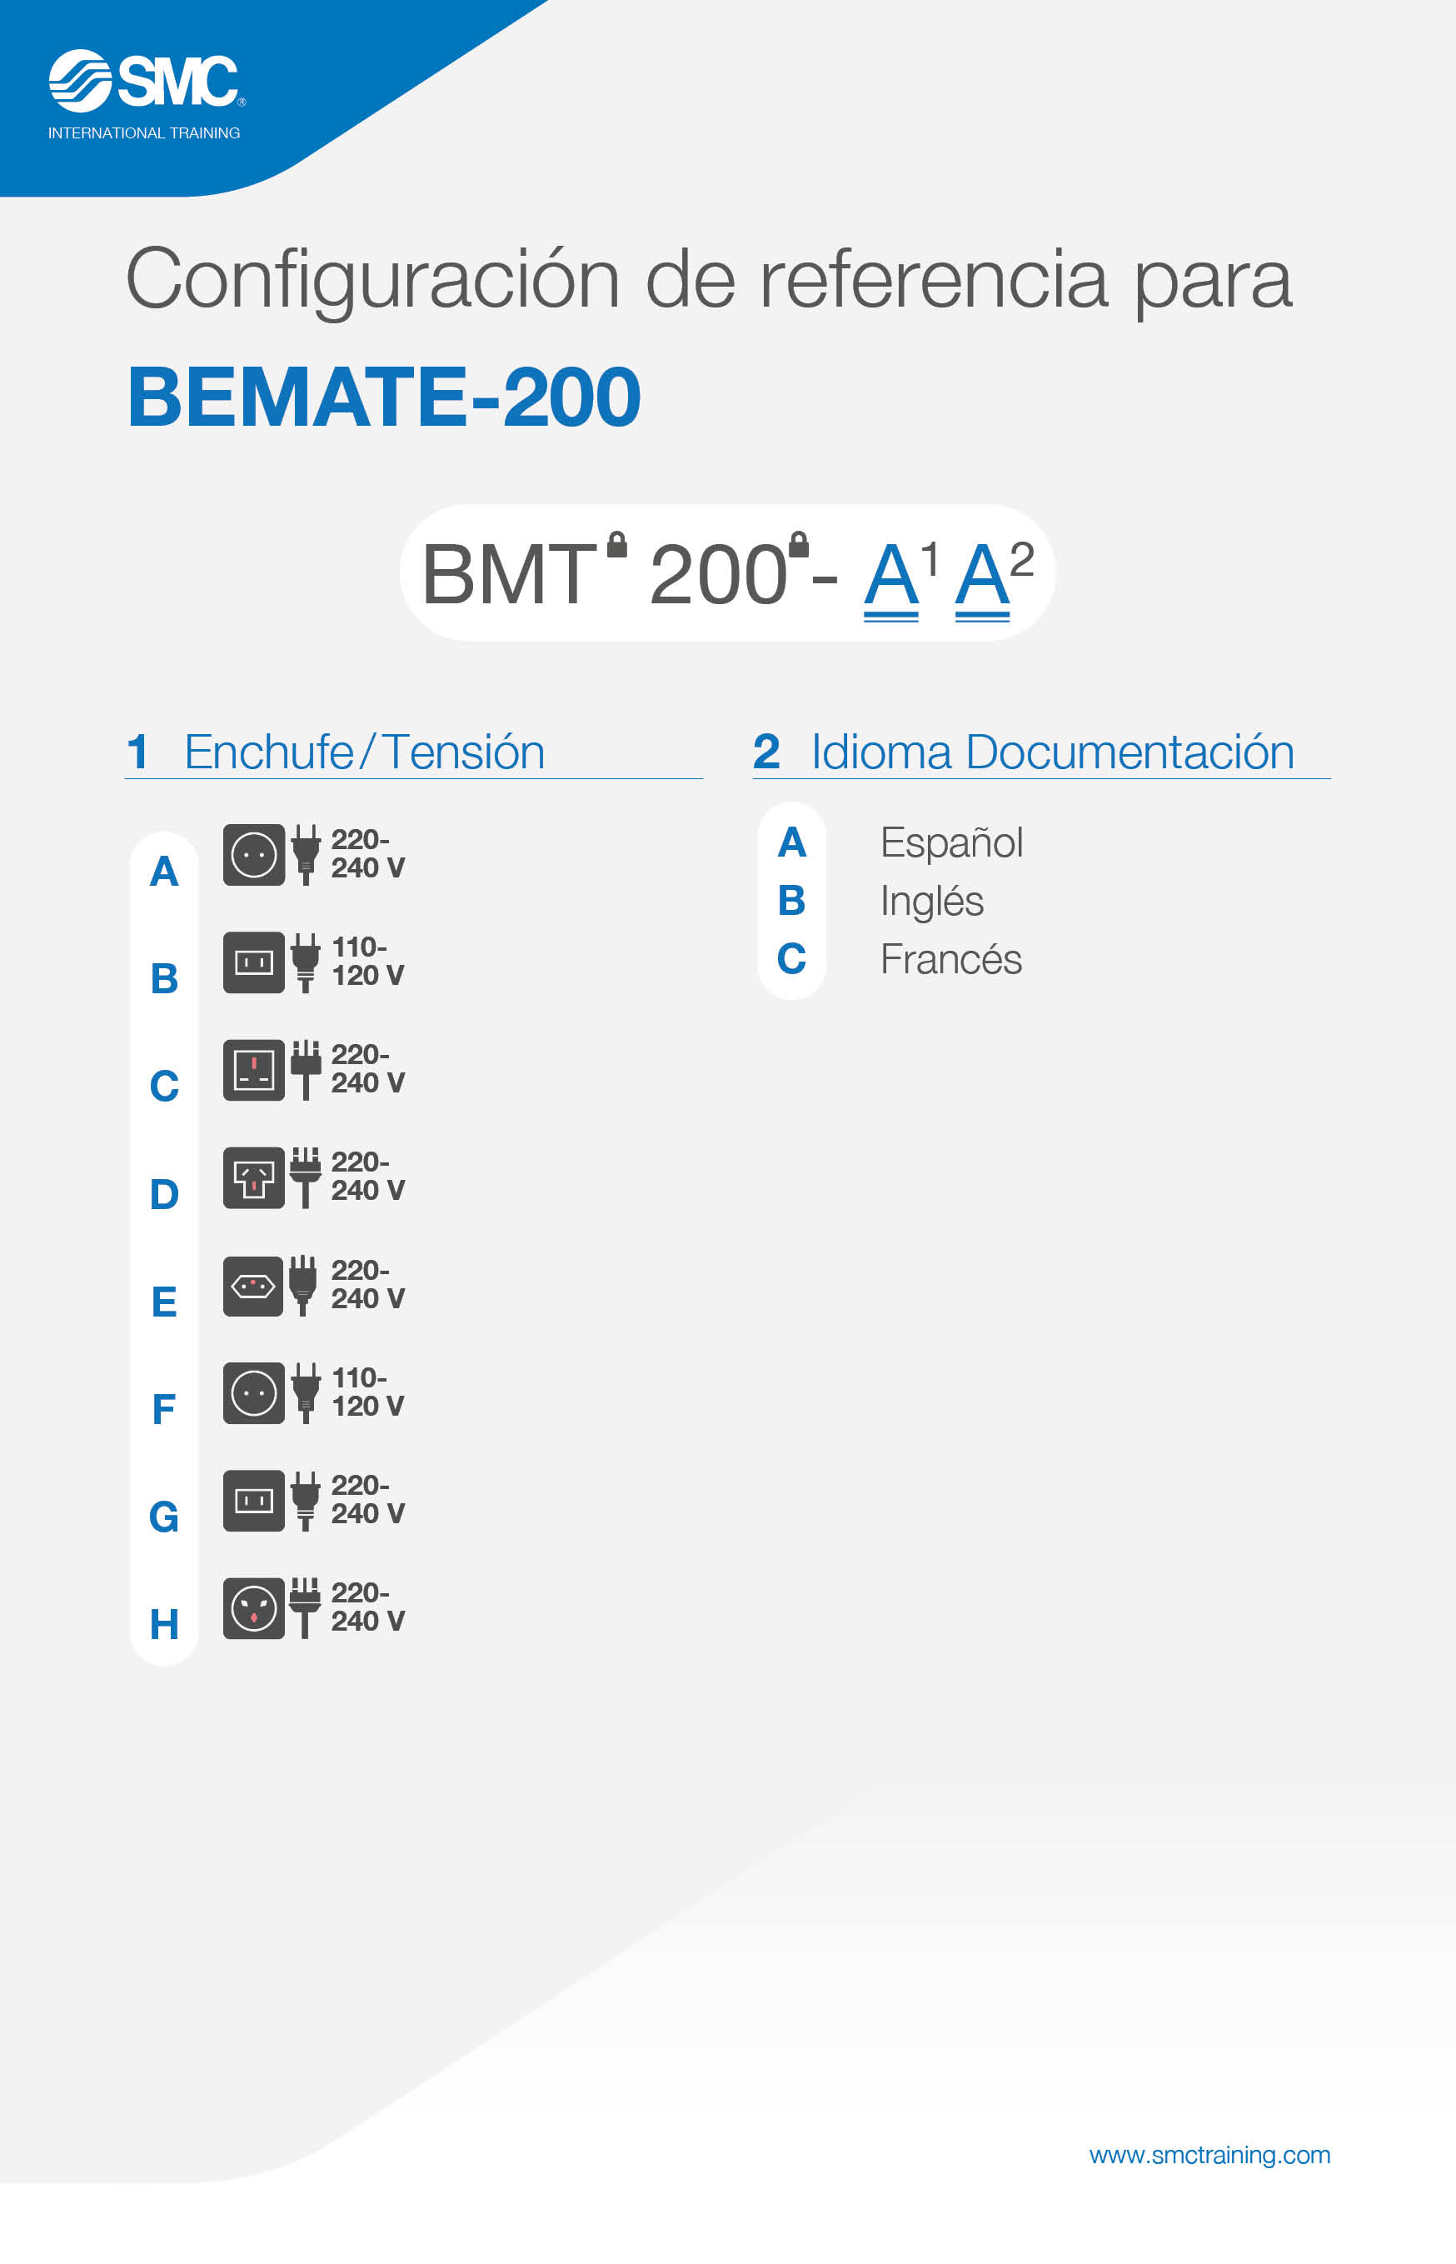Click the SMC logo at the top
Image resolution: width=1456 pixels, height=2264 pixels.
(x=147, y=82)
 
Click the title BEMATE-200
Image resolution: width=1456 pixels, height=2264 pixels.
(x=384, y=397)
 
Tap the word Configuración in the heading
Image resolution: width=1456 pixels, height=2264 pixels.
(x=373, y=282)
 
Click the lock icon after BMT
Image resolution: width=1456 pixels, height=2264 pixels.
(x=616, y=544)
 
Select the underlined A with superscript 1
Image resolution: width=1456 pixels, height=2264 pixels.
(x=890, y=577)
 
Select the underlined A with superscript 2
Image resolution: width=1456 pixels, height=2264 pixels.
(x=982, y=577)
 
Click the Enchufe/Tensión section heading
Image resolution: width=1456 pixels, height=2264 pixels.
(x=365, y=752)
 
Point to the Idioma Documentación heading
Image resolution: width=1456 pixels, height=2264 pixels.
(x=1052, y=752)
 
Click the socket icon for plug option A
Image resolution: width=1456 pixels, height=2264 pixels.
(x=253, y=854)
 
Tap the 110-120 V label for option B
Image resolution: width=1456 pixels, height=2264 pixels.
(x=368, y=961)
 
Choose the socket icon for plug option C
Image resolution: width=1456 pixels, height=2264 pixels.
(x=253, y=1070)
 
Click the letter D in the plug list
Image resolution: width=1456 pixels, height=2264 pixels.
(x=165, y=1194)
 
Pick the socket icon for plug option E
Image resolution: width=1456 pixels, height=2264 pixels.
(x=253, y=1285)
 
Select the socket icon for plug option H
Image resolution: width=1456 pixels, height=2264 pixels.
(x=253, y=1607)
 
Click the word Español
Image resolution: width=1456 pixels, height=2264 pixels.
(x=951, y=842)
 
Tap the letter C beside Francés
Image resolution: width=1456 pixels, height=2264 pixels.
(x=791, y=959)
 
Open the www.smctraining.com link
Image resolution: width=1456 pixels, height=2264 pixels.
(x=1209, y=2154)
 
